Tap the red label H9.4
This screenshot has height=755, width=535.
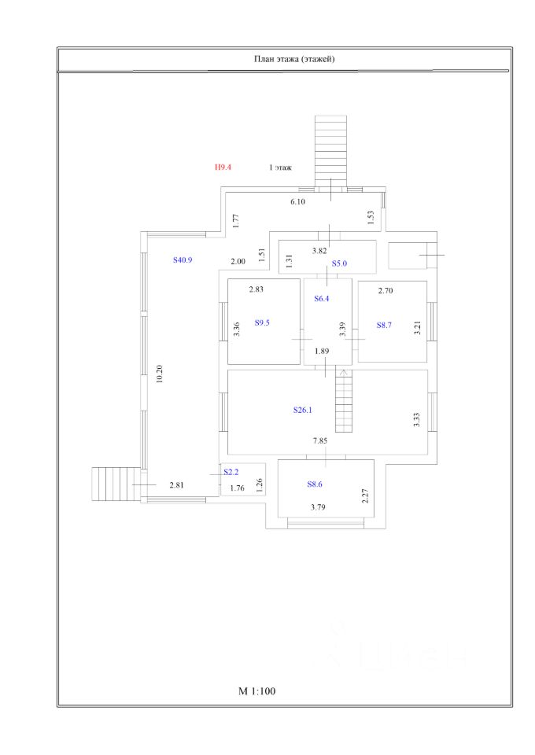coord(223,168)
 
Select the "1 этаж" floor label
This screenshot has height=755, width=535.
coord(281,168)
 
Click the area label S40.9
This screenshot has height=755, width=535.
coord(183,260)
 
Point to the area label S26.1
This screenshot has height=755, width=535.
coord(303,410)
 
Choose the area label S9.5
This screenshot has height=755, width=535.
coord(262,322)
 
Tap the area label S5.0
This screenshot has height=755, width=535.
coord(339,264)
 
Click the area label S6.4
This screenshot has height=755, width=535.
coord(323,299)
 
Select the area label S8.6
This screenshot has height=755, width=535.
coord(315,485)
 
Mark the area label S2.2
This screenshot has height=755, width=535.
coord(231,472)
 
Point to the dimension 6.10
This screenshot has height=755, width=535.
coord(297,202)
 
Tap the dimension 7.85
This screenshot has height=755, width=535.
coord(320,442)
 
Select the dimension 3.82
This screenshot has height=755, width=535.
coord(319,251)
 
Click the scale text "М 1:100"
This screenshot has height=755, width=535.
coord(258,692)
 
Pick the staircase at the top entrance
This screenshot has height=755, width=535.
coord(330,149)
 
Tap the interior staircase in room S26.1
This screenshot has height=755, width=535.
coord(345,403)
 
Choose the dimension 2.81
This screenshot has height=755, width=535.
coord(177,485)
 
